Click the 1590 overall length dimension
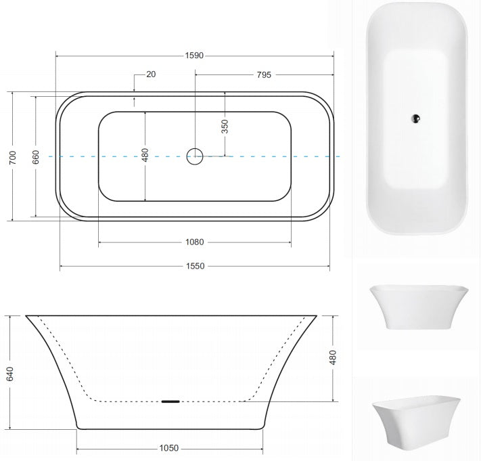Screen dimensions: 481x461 click(x=194, y=56)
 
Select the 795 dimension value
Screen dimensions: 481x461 click(x=264, y=75)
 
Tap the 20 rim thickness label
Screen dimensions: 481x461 click(x=151, y=74)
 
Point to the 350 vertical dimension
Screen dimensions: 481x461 click(x=225, y=127)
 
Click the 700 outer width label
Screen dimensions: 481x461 click(x=13, y=158)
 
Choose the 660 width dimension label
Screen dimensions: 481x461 click(x=36, y=157)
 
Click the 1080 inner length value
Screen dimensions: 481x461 click(x=194, y=242)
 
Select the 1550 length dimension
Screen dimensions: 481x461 click(x=195, y=266)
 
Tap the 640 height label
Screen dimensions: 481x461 click(x=10, y=374)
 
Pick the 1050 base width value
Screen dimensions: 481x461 click(x=168, y=448)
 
